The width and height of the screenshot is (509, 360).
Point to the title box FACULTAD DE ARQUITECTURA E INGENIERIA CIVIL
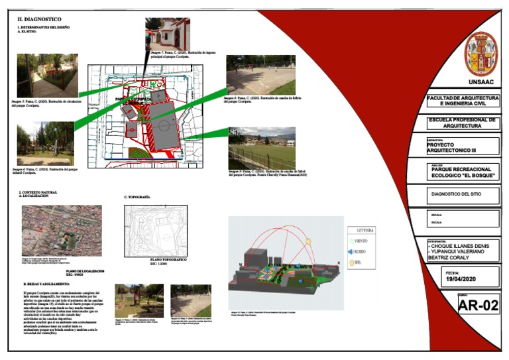[x=463, y=101]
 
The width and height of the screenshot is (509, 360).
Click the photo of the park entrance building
[x=167, y=33]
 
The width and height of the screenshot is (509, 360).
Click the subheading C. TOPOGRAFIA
[x=137, y=198]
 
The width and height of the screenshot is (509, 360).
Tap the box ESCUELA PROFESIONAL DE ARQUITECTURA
[x=463, y=123]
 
